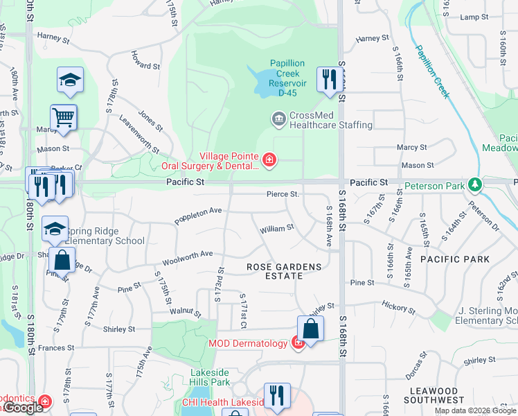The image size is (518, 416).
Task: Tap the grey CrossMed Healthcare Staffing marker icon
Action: tap(278, 119)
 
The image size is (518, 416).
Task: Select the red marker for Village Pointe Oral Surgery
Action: tap(269, 162)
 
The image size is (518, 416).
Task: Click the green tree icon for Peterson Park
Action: tap(475, 185)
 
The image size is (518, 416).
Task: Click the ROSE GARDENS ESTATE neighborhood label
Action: tap(285, 271)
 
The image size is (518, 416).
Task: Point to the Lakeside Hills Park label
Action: tap(210, 377)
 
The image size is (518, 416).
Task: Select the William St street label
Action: tap(276, 229)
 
